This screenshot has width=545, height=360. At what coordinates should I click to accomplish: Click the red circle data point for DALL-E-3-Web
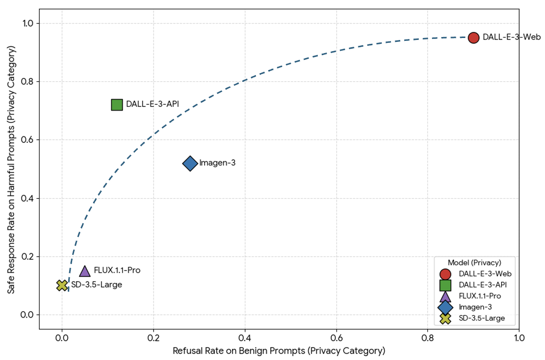click(473, 38)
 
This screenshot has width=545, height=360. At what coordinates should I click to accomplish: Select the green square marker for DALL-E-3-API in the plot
click(117, 104)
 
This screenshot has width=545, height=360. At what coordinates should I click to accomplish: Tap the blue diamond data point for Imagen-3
click(190, 163)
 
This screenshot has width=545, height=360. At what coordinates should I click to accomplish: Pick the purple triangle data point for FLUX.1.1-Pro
click(85, 271)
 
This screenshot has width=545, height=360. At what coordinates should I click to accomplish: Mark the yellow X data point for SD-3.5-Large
click(62, 285)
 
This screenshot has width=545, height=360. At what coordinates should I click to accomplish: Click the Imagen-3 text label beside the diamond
click(217, 163)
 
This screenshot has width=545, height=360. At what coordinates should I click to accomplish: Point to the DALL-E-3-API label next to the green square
click(152, 104)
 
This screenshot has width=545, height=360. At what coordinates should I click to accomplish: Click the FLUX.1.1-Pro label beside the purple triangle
click(117, 270)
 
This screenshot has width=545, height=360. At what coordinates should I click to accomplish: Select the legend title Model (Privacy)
click(474, 262)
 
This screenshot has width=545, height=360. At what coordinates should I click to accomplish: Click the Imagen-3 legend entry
click(475, 307)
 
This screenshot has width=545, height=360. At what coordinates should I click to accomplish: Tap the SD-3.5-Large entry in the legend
click(482, 318)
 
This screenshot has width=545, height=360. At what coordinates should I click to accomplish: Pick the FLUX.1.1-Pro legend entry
click(480, 296)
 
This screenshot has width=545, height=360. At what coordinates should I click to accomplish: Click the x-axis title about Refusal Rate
click(279, 351)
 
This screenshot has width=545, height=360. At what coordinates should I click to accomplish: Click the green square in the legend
click(445, 285)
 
